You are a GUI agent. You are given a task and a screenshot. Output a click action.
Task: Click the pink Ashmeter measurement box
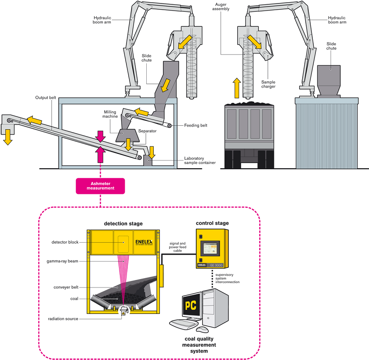click(101, 185)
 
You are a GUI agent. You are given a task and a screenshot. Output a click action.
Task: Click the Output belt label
click(46, 97)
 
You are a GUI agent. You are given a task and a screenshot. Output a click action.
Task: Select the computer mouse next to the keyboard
click(202, 329)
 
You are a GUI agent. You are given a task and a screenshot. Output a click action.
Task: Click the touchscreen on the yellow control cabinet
click(210, 250)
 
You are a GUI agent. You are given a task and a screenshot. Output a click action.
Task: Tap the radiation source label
click(64, 319)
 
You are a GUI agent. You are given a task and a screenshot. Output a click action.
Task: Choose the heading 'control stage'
click(213, 223)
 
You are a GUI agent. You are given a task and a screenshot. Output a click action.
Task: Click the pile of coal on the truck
click(249, 104)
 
